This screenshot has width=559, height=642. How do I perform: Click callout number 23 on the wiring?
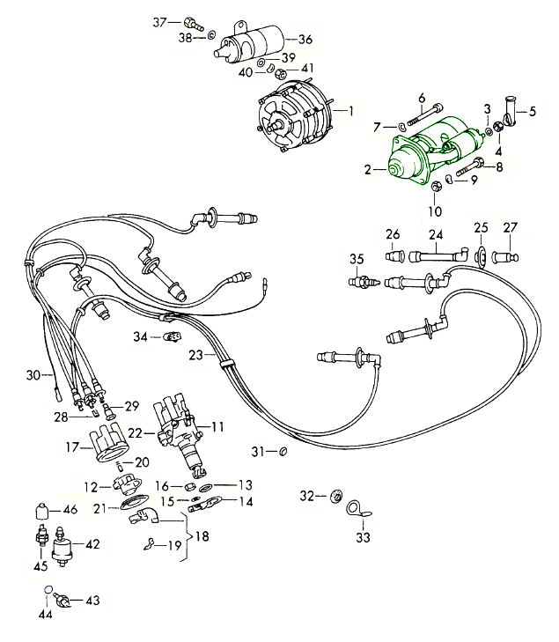click(195, 355)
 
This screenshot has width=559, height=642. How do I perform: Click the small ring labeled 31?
click(283, 452)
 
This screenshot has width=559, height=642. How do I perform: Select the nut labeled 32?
click(336, 498)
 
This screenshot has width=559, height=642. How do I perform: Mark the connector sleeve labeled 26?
click(394, 256)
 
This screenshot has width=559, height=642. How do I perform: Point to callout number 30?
click(33, 375)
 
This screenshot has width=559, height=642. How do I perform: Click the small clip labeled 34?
click(173, 336)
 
